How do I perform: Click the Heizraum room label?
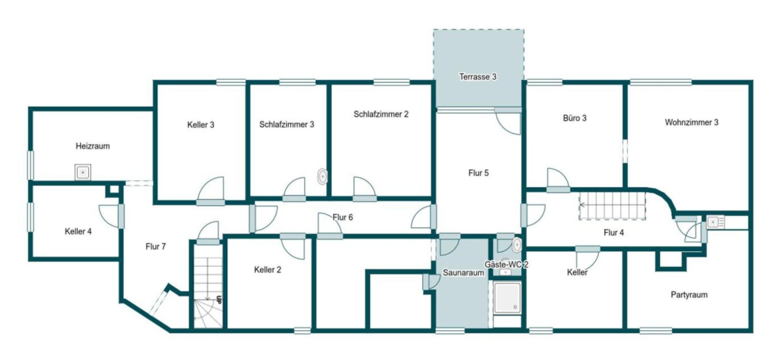[x=92, y=146]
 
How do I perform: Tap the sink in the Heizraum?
[x=82, y=172]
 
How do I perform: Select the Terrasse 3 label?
[x=478, y=77]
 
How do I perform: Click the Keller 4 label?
[x=78, y=231]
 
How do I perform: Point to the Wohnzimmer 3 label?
[x=692, y=122]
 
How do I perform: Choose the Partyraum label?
[x=689, y=295]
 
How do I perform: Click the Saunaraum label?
[x=463, y=273]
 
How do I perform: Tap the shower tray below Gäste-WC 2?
[x=507, y=298]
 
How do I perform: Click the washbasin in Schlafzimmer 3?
[x=322, y=177]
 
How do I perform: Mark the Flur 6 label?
[x=343, y=217]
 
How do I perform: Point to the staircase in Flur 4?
[x=612, y=206]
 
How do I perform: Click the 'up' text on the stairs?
[x=219, y=299]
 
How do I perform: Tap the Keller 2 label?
[x=268, y=270]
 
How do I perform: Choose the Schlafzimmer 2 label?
[x=381, y=114]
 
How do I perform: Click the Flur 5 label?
[x=479, y=173]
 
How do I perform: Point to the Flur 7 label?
[x=156, y=246]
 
